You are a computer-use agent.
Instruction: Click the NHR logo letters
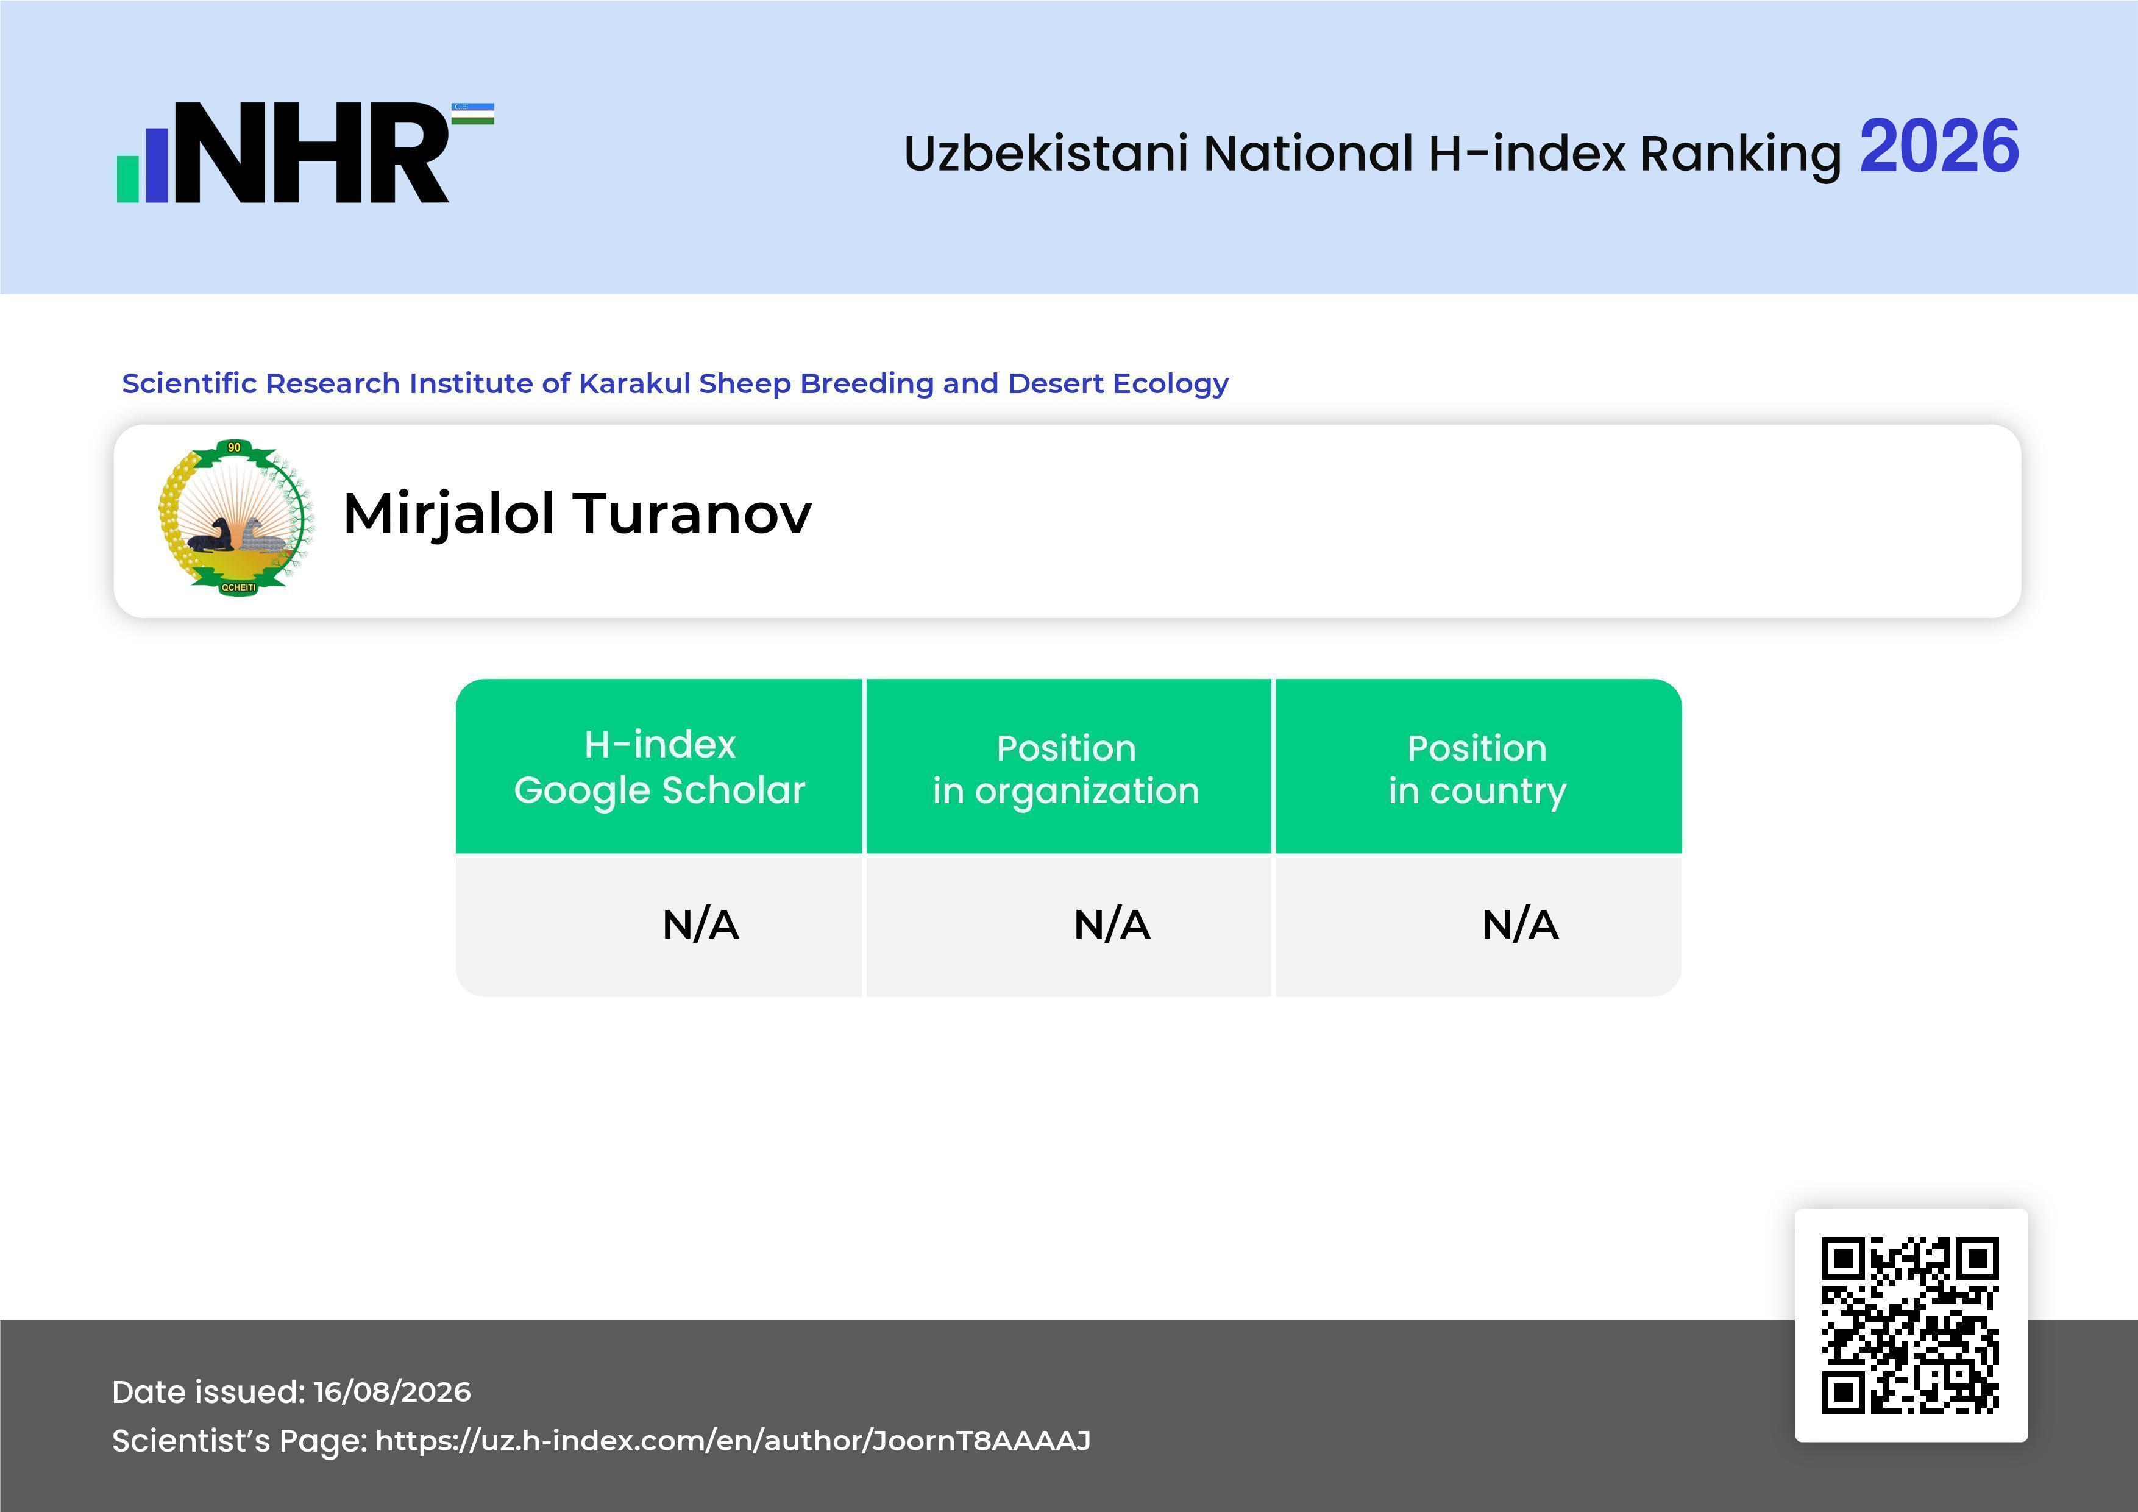tap(311, 153)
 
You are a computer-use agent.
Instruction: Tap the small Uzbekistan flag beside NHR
tap(473, 113)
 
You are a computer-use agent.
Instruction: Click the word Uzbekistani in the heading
tap(1046, 153)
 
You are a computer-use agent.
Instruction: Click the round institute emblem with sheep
tap(236, 517)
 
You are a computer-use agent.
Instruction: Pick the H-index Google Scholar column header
tap(659, 766)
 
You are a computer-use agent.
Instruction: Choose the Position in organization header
tap(1066, 769)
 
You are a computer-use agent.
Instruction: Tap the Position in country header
tap(1477, 769)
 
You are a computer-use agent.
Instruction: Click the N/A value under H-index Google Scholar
tap(700, 925)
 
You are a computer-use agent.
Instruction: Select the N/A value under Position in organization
tap(1112, 925)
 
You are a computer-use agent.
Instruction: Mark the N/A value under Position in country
tap(1519, 925)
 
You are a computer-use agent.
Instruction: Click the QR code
tap(1911, 1325)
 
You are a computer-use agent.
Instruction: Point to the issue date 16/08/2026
tap(392, 1392)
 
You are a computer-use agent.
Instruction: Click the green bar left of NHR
tap(127, 179)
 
